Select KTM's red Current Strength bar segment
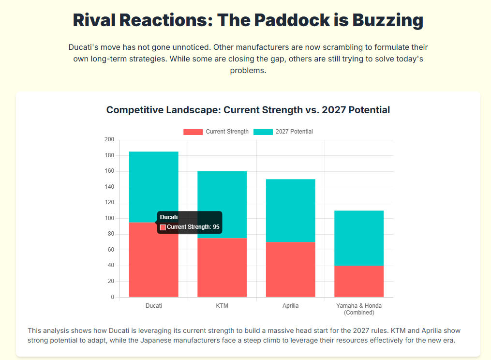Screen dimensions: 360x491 pyautogui.click(x=222, y=267)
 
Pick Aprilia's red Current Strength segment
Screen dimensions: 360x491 pyautogui.click(x=290, y=269)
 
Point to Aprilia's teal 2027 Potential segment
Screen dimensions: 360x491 pyautogui.click(x=290, y=210)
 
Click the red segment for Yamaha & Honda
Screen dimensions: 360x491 pyautogui.click(x=359, y=281)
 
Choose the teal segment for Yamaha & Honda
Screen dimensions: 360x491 pyautogui.click(x=359, y=238)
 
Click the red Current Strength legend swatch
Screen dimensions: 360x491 pyautogui.click(x=193, y=132)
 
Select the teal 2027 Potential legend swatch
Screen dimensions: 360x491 pyautogui.click(x=263, y=132)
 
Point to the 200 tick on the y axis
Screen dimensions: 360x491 pyautogui.click(x=109, y=140)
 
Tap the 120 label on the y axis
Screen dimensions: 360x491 pyautogui.click(x=109, y=203)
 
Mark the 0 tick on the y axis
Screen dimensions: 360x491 pyautogui.click(x=112, y=297)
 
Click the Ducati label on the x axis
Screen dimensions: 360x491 pyautogui.click(x=153, y=306)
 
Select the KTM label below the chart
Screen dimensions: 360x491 pyautogui.click(x=222, y=306)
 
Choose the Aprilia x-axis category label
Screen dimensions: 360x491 pyautogui.click(x=290, y=306)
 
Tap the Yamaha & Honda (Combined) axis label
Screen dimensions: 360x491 pyautogui.click(x=359, y=309)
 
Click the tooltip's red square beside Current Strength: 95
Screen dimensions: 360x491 pyautogui.click(x=163, y=227)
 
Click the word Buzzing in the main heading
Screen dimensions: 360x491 pyautogui.click(x=387, y=20)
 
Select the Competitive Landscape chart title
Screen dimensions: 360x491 pyautogui.click(x=248, y=110)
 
